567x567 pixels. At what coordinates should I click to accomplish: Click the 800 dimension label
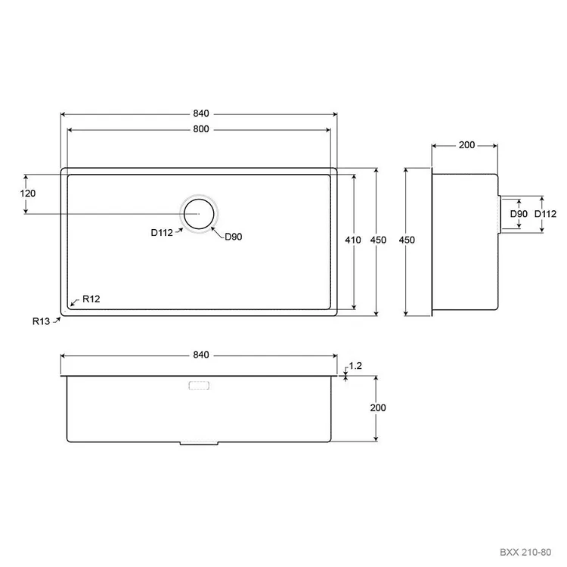point(200,129)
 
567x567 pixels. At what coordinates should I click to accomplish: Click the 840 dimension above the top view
point(200,113)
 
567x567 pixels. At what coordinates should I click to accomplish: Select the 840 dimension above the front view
point(200,355)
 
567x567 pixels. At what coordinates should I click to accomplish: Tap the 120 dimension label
point(28,194)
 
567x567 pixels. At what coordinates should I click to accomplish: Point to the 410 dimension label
point(352,240)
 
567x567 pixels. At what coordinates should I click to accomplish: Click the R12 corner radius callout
point(91,299)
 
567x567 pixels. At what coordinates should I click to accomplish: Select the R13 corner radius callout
point(41,321)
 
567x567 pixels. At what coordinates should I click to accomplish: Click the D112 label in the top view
point(162,233)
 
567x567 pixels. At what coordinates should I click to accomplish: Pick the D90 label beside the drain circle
point(234,237)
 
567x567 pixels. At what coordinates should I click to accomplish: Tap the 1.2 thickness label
point(355,366)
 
